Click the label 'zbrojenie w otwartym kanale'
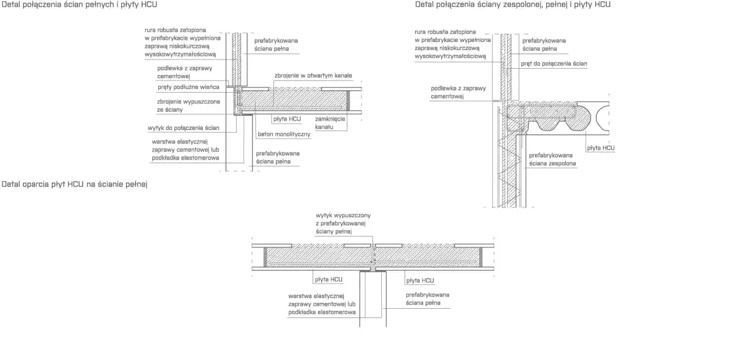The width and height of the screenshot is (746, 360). tap(313, 76)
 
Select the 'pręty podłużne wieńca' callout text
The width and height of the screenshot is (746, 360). tap(188, 87)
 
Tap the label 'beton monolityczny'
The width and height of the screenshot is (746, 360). tap(284, 135)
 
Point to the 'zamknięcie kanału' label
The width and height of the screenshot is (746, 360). tap(330, 123)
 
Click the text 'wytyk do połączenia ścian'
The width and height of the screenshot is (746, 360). tap(184, 128)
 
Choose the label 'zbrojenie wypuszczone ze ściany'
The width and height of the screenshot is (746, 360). tap(188, 106)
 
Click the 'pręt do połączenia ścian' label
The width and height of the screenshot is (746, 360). tap(554, 63)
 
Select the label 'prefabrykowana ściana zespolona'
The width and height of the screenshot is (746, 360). tap(553, 160)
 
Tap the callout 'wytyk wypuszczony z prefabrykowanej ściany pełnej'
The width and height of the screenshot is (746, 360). tap(343, 223)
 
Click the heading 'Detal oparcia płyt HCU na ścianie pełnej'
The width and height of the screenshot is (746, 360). tap(74, 184)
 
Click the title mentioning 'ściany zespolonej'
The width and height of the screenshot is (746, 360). tap(512, 5)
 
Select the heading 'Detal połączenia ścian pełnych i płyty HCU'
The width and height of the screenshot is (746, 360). tap(79, 5)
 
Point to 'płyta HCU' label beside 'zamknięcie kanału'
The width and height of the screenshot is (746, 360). tap(287, 119)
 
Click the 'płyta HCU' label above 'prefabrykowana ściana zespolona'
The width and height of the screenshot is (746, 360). tap(601, 148)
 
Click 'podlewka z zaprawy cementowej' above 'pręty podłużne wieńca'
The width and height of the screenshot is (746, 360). tap(185, 72)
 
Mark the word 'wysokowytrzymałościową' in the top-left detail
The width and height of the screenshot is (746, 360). tap(180, 55)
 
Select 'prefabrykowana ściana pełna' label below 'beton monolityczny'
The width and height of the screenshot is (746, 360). tap(278, 158)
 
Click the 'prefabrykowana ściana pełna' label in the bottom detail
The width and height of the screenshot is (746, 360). tap(427, 299)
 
